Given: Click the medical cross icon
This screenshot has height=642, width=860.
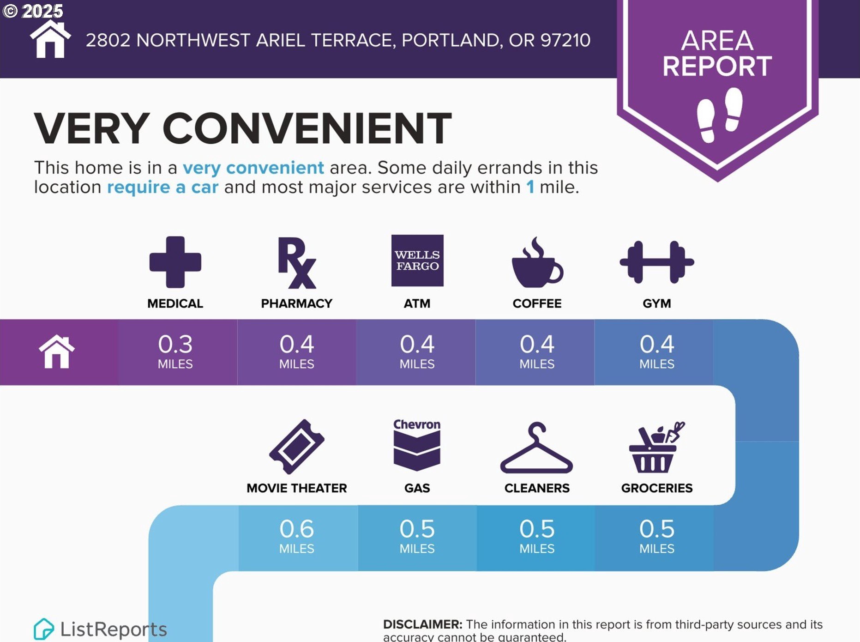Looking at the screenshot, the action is point(175,262).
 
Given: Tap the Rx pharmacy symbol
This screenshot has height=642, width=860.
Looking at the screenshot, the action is point(297,263).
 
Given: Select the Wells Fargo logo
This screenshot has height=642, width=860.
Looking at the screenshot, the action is point(417,260).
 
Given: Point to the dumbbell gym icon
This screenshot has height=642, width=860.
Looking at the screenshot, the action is point(657,262).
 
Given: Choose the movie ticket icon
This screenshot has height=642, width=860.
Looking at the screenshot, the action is point(297,447).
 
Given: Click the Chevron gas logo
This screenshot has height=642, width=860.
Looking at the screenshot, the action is point(417,445).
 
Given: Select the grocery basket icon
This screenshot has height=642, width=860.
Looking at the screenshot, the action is point(656,447).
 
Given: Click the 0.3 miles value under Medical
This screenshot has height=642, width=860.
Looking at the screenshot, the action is point(175,351).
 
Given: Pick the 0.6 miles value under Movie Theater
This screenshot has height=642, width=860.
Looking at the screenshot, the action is point(297,536).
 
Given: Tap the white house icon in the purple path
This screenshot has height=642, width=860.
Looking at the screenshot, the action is point(57,351).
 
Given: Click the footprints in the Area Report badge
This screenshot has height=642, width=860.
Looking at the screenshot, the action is point(720,115).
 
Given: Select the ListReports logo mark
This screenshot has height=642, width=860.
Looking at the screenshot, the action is point(44,629).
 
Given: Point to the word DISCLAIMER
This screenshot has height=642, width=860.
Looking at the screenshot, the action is point(422,624).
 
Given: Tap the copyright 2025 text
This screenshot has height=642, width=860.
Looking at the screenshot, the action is point(32,11).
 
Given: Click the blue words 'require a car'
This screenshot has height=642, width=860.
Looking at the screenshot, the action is point(162,187).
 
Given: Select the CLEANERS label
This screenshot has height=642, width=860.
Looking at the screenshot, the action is point(537,488).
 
